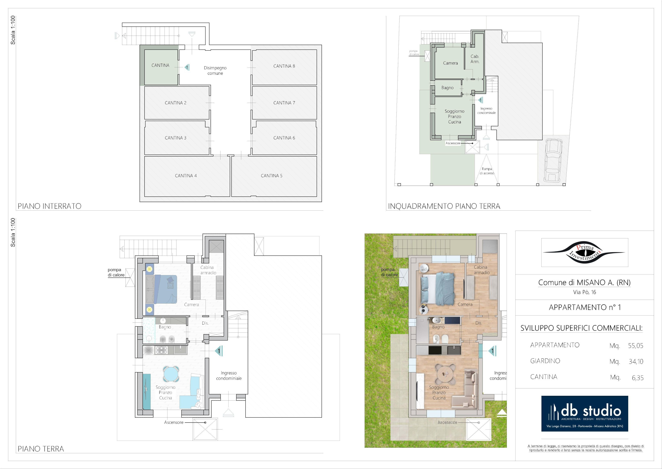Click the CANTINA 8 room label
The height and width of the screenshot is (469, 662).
click(284, 66)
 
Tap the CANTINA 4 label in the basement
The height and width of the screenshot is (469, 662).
click(186, 176)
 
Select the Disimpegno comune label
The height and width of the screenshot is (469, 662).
click(215, 71)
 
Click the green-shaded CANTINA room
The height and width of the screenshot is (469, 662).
click(161, 67)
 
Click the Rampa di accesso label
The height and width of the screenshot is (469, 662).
click(487, 171)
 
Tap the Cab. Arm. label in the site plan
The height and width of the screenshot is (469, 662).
click(475, 59)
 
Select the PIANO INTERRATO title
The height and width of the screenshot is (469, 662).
click(50, 206)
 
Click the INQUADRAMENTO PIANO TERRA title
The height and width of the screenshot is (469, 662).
click(444, 206)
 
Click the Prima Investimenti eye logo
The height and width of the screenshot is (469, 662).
click(584, 252)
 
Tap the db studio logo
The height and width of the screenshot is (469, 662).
click(584, 414)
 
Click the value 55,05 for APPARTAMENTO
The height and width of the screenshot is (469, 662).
click(636, 346)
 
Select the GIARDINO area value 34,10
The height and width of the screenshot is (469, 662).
click(636, 362)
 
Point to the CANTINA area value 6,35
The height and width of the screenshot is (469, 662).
click(638, 378)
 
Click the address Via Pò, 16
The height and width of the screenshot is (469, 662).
click(584, 292)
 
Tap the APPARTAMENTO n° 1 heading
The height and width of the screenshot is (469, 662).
click(585, 307)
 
